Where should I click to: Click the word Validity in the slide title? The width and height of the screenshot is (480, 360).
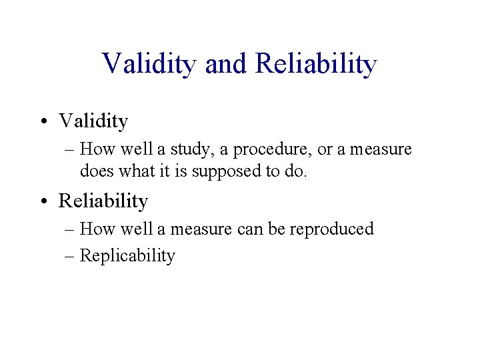pyautogui.click(x=150, y=64)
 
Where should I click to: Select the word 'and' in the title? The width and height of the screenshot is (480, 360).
pyautogui.click(x=226, y=64)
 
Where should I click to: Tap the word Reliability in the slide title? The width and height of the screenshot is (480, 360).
pyautogui.click(x=316, y=64)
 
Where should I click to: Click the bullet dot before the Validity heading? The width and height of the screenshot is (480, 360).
pyautogui.click(x=49, y=122)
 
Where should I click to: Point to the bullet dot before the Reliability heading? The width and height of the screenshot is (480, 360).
pyautogui.click(x=49, y=201)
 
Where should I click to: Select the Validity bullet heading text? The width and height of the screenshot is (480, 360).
pyautogui.click(x=93, y=121)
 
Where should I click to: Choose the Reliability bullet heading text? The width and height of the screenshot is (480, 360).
pyautogui.click(x=103, y=201)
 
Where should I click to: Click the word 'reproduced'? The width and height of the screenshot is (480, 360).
pyautogui.click(x=333, y=229)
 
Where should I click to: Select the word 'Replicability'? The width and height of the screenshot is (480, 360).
pyautogui.click(x=127, y=256)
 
